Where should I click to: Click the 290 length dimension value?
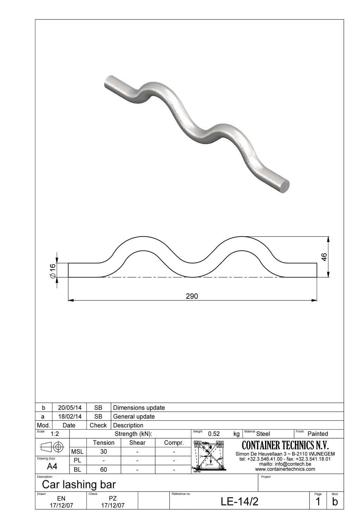point(192,296)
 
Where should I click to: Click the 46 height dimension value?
point(324,257)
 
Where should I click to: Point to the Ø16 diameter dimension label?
point(52,271)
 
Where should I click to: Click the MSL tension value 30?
point(103,452)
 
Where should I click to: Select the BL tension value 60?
point(103,469)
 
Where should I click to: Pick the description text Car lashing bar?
point(79,484)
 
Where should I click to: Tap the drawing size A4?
point(52,466)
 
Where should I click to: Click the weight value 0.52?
point(214,434)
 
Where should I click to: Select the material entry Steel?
point(263,434)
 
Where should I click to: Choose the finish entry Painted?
point(317,434)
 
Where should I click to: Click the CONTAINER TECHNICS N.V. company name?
point(285,445)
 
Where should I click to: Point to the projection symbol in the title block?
point(52,447)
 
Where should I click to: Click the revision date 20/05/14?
point(69,408)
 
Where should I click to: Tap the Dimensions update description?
point(139,408)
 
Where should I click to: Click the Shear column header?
point(137,443)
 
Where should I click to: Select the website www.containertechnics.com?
point(285,469)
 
